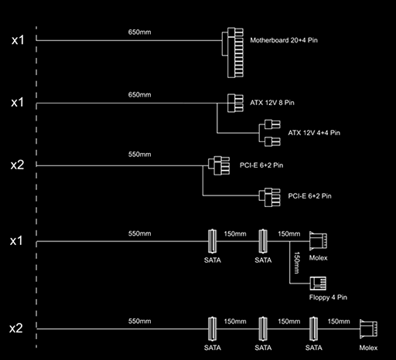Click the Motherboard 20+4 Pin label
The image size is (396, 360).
[x=284, y=40]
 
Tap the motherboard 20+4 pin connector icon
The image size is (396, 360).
[x=233, y=53]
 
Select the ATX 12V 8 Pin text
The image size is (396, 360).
[x=272, y=103]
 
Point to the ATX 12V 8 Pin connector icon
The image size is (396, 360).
[x=235, y=103]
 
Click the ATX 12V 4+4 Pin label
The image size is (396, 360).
[x=314, y=133]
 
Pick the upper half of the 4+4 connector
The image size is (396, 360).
[x=272, y=124]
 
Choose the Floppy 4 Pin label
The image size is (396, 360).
[x=328, y=297]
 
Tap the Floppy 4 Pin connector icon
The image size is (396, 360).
[x=318, y=284]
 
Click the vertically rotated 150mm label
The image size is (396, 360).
[x=297, y=263]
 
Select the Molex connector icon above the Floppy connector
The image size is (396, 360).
[x=318, y=241]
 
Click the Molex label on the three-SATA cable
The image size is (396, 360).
[x=368, y=348]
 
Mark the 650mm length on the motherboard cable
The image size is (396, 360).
[x=139, y=32]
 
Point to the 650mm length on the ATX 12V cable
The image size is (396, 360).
[x=139, y=95]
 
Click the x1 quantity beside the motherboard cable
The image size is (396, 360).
[x=18, y=40]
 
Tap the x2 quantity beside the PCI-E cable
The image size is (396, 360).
[x=17, y=165]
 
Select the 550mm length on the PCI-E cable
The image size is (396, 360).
[x=139, y=155]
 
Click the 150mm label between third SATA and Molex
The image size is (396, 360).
[x=339, y=321]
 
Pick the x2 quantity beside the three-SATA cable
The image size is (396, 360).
[x=16, y=328]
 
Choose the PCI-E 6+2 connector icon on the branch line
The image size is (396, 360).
[x=270, y=197]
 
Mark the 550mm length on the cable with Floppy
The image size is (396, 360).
[x=139, y=233]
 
